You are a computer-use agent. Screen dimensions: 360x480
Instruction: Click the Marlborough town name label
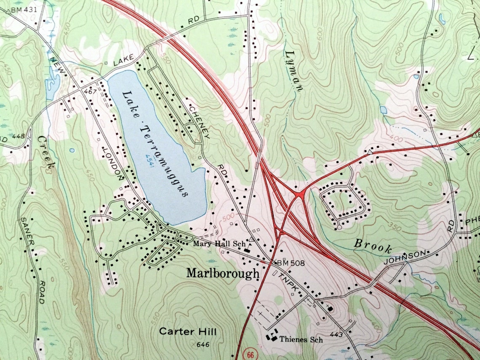click(223, 273)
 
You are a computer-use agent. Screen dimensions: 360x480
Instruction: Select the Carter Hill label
click(188, 332)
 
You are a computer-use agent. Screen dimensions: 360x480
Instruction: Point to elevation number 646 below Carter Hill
click(203, 345)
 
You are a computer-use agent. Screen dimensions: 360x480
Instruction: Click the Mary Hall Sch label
click(219, 243)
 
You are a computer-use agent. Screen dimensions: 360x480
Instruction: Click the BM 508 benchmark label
click(290, 263)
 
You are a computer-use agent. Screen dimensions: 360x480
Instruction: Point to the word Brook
click(373, 246)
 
